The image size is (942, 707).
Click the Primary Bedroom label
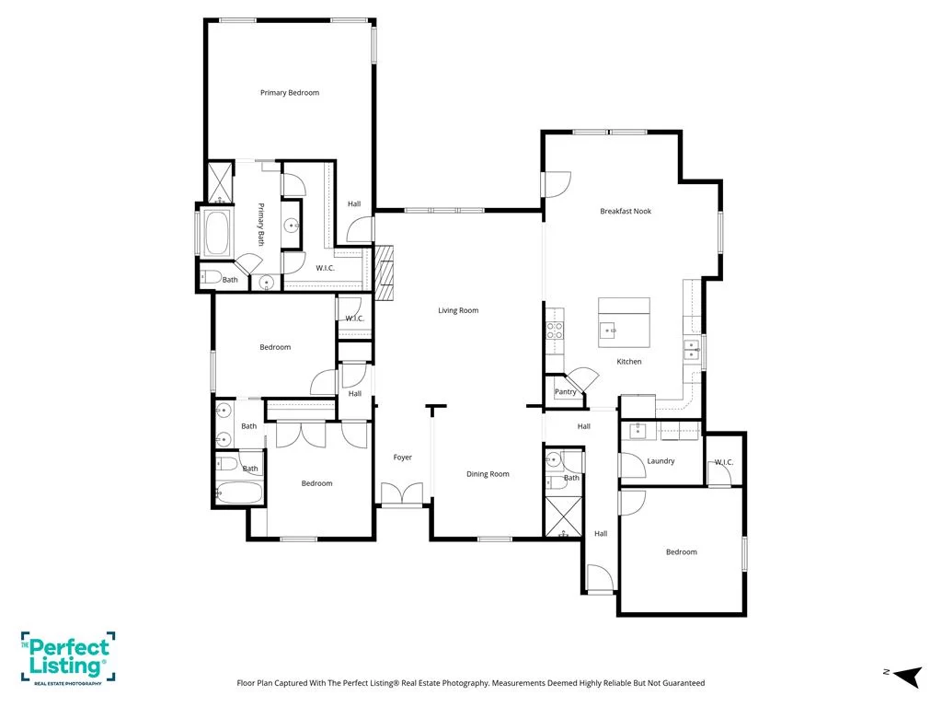[x=290, y=93]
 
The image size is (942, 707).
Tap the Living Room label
[x=458, y=310]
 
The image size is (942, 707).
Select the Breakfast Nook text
[x=626, y=211]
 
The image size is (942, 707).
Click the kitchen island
[x=624, y=322]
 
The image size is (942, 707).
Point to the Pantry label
[x=566, y=391]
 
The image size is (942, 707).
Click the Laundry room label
[x=661, y=461]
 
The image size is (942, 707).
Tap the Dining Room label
[x=488, y=474]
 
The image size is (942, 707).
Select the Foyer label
[x=403, y=458]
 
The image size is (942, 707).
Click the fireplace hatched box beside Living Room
[x=384, y=272]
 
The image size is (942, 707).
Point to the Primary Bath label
[x=260, y=225]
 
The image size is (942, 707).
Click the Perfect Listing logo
[x=68, y=657]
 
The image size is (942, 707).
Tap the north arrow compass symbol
[x=908, y=677]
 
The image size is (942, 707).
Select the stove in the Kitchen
[x=555, y=330]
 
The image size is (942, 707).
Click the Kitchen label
[x=629, y=361]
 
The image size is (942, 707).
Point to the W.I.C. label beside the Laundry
[x=724, y=462]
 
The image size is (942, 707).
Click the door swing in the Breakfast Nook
[x=557, y=184]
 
